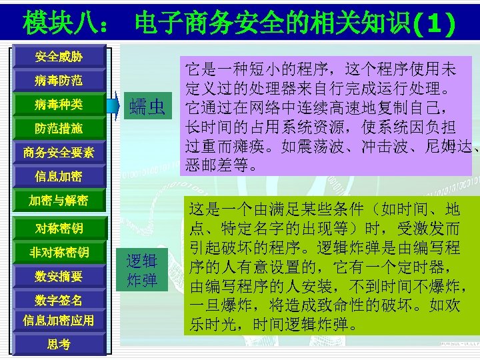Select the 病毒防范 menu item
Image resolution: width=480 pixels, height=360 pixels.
pyautogui.click(x=59, y=81)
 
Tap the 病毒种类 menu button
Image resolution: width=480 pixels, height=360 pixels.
pyautogui.click(x=59, y=105)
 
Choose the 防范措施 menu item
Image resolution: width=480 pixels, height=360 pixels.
pyautogui.click(x=59, y=129)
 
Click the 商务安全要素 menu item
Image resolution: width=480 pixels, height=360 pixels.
pyautogui.click(x=59, y=153)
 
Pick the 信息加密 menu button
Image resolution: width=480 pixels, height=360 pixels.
pyautogui.click(x=59, y=177)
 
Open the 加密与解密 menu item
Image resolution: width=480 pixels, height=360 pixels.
pyautogui.click(x=59, y=201)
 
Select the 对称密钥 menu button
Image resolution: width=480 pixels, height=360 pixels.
pyautogui.click(x=59, y=229)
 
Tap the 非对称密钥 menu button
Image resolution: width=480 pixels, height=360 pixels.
pyautogui.click(x=59, y=253)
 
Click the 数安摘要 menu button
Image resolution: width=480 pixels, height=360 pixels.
pyautogui.click(x=59, y=276)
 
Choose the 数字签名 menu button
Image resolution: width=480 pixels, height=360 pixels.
pyautogui.click(x=59, y=300)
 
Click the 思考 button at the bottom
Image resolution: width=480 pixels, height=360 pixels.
pyautogui.click(x=59, y=344)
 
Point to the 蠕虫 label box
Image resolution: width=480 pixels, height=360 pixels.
pyautogui.click(x=147, y=105)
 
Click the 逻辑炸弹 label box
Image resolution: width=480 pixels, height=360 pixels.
pyautogui.click(x=141, y=270)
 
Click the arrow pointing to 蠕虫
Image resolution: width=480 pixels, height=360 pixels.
pyautogui.click(x=116, y=103)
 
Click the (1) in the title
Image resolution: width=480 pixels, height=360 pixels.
pyautogui.click(x=433, y=24)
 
